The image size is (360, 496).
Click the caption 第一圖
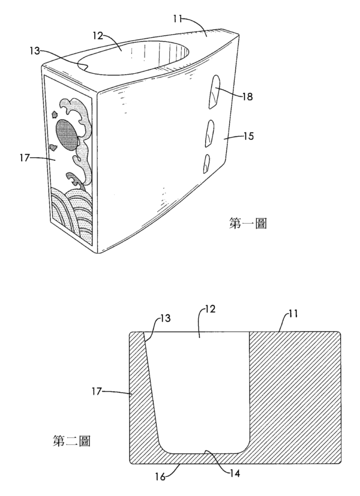click(247, 224)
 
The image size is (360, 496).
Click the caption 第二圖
click(71, 441)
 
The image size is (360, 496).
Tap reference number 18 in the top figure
click(247, 96)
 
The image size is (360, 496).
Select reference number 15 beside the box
click(248, 136)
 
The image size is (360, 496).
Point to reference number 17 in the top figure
click(25, 157)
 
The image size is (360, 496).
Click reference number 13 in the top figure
click(35, 50)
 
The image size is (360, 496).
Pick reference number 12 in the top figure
click(98, 36)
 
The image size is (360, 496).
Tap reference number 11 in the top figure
click(178, 19)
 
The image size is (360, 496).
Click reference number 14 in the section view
click(234, 473)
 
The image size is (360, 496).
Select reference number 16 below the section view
click(160, 476)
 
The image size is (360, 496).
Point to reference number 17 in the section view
click(97, 391)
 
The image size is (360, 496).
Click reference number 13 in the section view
click(165, 318)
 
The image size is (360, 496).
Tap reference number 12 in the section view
click(210, 309)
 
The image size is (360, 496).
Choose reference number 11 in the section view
click(293, 314)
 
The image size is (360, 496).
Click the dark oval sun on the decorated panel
click(67, 134)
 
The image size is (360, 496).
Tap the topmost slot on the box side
click(214, 92)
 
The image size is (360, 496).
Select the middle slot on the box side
click(209, 134)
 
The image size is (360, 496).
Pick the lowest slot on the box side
click(206, 164)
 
